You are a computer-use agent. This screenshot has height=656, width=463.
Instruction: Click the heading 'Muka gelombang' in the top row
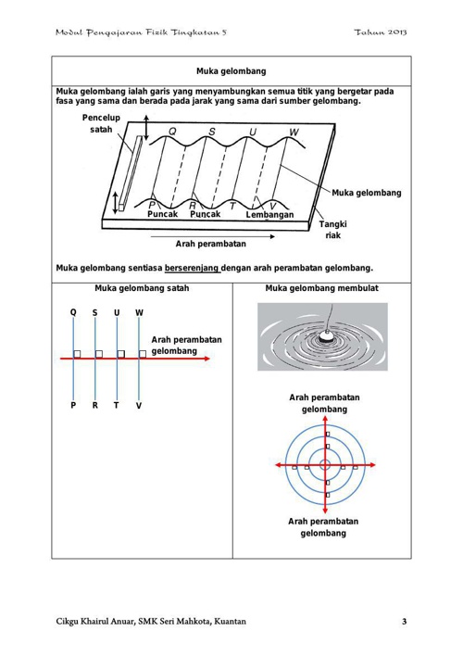(231, 71)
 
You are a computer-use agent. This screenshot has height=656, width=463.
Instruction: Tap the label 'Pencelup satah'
(101, 123)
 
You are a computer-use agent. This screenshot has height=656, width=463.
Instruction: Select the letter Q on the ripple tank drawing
(172, 132)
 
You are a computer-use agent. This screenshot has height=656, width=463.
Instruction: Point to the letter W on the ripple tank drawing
(294, 132)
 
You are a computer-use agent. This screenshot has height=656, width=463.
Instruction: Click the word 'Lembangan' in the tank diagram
(269, 215)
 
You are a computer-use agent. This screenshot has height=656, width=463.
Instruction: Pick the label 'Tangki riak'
(333, 230)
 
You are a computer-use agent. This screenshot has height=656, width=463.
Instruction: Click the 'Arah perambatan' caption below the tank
(211, 244)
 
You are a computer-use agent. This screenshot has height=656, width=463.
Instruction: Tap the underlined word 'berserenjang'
(193, 268)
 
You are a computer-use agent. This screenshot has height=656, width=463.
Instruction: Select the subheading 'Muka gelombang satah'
(142, 288)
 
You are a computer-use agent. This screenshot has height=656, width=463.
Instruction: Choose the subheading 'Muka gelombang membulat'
(321, 288)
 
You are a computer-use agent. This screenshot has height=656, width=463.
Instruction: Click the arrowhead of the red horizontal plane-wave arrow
(206, 359)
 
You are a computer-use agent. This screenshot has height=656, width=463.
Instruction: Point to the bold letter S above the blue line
(95, 313)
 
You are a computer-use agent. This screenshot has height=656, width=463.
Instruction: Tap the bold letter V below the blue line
(139, 406)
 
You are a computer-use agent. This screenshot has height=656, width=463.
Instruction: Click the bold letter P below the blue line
(73, 406)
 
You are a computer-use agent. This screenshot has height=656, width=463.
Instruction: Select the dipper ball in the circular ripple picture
(325, 335)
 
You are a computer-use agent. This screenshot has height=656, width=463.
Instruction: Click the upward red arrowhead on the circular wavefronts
(325, 419)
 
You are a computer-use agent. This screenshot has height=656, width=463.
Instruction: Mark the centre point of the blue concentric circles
(325, 465)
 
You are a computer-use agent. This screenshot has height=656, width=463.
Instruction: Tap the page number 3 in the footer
(404, 622)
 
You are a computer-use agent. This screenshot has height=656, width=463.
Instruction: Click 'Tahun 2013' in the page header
(381, 32)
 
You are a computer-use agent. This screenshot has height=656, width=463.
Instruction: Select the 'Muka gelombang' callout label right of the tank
(367, 193)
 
